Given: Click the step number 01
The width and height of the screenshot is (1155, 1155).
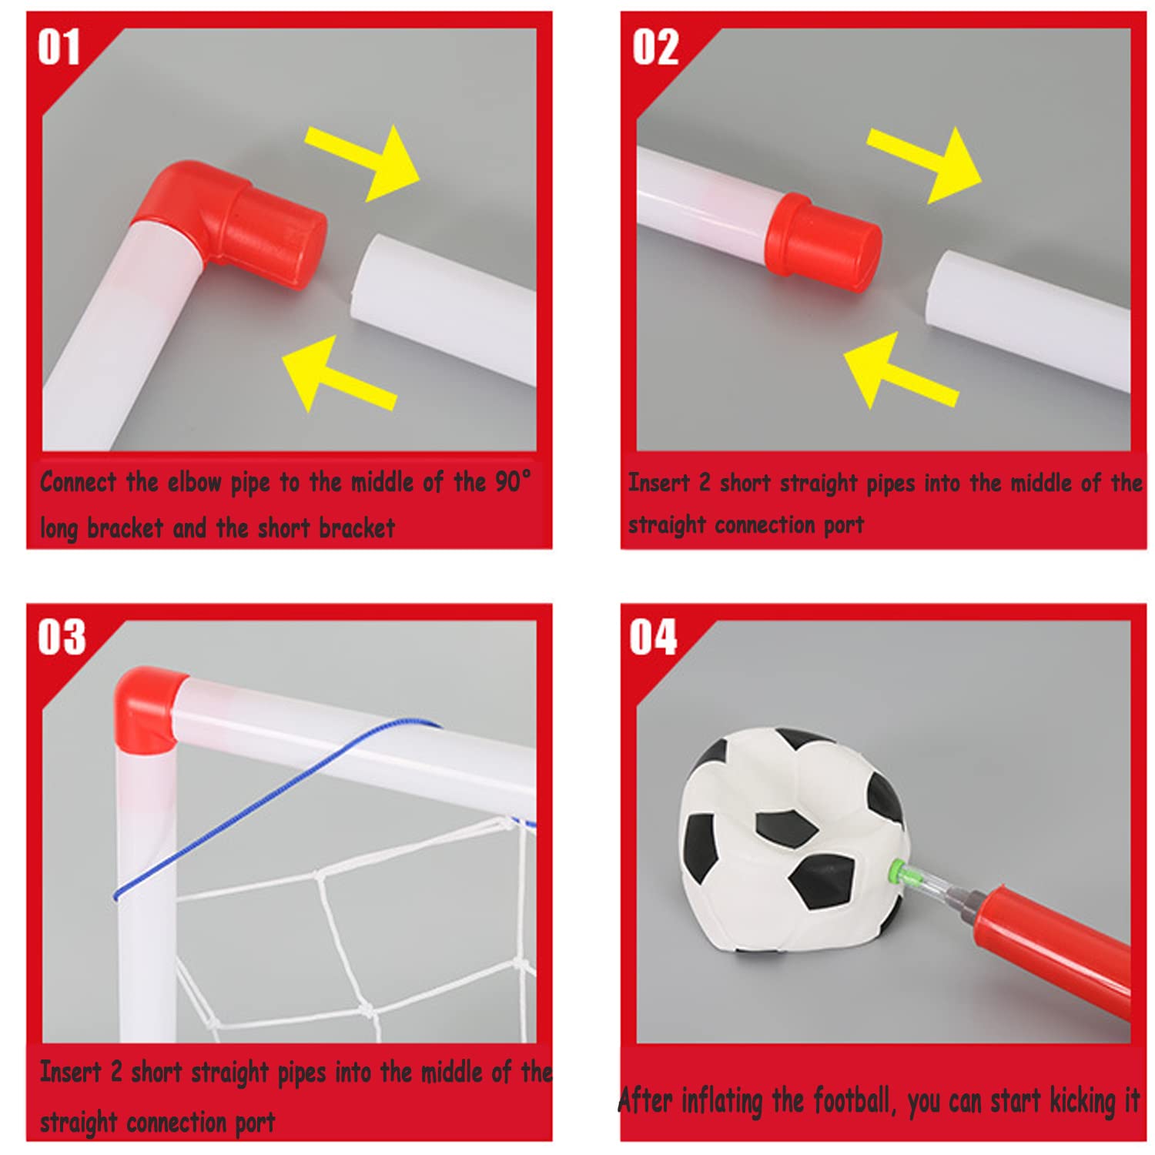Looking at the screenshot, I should pyautogui.click(x=59, y=48).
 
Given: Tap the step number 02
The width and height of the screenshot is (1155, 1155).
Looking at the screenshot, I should pyautogui.click(x=655, y=48).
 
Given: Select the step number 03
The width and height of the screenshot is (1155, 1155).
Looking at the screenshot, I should pyautogui.click(x=62, y=638).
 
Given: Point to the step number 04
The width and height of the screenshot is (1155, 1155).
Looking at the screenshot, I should pyautogui.click(x=653, y=638).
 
